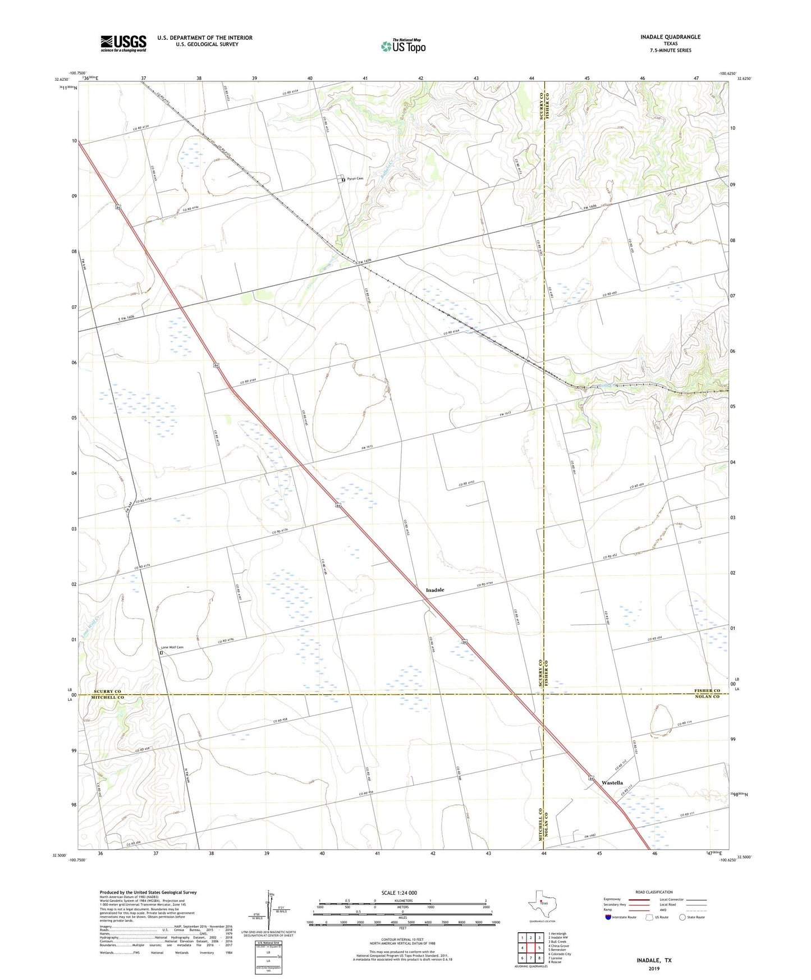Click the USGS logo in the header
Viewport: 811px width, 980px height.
pos(123,43)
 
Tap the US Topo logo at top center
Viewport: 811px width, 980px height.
pos(403,46)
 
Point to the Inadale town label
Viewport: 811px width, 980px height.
pos(435,590)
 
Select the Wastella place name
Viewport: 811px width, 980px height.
pos(612,782)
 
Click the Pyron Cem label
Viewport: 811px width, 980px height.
pos(355,178)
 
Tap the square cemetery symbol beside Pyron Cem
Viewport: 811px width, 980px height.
pos(343,180)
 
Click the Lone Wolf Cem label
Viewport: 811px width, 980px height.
pos(172,647)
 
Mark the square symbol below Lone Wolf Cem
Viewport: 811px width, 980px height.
pos(161,653)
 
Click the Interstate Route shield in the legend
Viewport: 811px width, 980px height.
pos(608,917)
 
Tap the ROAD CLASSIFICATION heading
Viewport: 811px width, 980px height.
pos(654,892)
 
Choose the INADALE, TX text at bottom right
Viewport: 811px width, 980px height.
pos(654,960)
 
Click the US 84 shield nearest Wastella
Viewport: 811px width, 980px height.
pos(592,778)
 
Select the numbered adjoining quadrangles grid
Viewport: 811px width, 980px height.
pos(530,948)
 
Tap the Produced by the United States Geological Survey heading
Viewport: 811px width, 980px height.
pos(148,892)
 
